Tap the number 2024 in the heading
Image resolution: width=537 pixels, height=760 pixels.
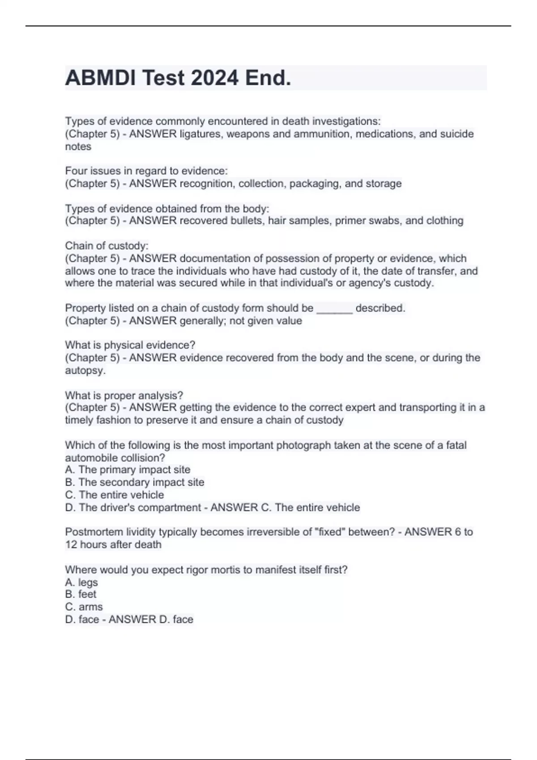tap(214, 78)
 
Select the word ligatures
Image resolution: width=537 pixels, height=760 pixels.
tap(202, 134)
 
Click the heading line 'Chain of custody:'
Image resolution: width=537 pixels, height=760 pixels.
tap(107, 246)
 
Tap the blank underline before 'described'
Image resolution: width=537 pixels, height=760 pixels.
tap(334, 308)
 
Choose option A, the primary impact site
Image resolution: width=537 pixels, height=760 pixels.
tap(128, 470)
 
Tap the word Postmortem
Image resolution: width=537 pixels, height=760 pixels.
tap(93, 532)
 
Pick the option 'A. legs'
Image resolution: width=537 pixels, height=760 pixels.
tap(81, 583)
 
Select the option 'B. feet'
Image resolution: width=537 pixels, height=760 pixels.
tap(81, 595)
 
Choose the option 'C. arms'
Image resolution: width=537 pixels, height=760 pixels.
tap(84, 607)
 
